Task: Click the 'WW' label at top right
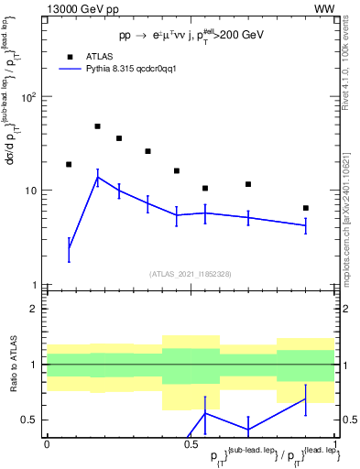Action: coord(324,8)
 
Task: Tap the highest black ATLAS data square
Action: coord(98,126)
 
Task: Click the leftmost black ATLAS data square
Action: coord(69,164)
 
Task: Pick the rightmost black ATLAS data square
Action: coord(306,208)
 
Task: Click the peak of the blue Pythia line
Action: coord(98,178)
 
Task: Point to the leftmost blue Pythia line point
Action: coord(69,248)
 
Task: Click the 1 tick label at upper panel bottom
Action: coord(37,285)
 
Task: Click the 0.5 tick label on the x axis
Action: coord(191,444)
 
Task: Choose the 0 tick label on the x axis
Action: coord(47,444)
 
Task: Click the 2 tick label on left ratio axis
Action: coord(37,309)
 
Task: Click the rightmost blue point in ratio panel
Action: coord(306,398)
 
